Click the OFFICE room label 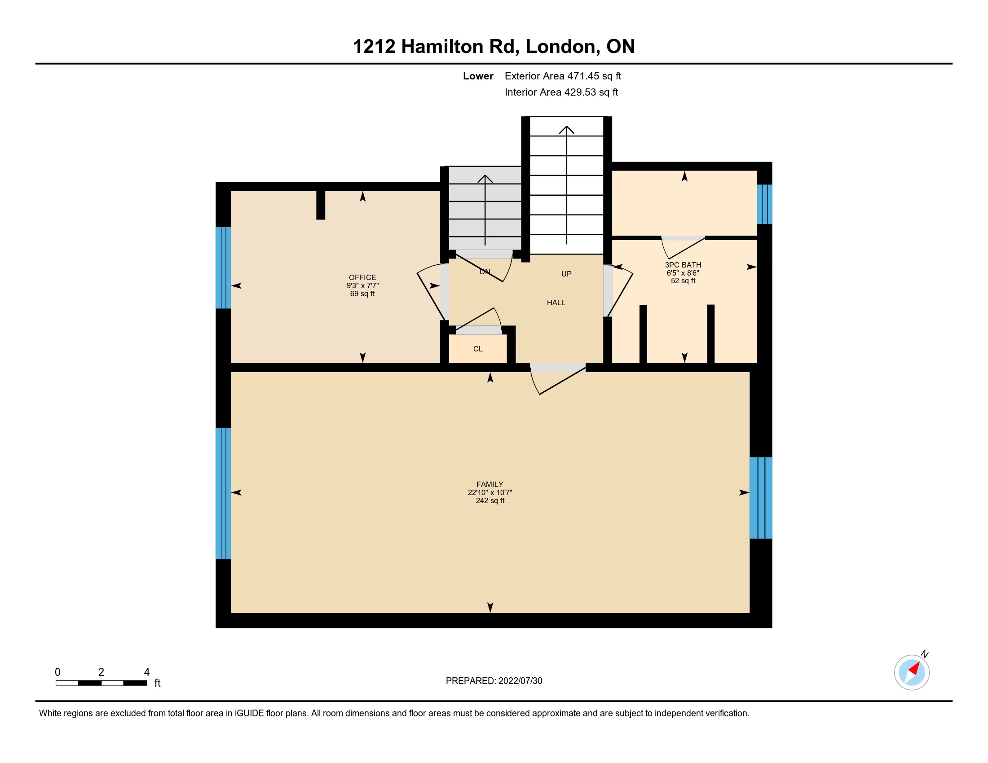click(362, 277)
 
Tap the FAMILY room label click(490, 484)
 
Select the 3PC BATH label click(683, 265)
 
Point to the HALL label click(556, 303)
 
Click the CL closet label click(478, 349)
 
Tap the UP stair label click(566, 274)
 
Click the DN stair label click(485, 272)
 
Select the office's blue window click(223, 267)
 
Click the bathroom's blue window click(764, 204)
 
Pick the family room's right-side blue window click(761, 498)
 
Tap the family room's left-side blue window click(223, 494)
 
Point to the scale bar click(101, 683)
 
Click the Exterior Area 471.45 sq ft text click(563, 76)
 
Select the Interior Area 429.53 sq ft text click(561, 92)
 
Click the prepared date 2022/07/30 click(520, 681)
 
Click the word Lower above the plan click(478, 76)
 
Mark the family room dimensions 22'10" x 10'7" click(490, 492)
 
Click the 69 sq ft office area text click(362, 294)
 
